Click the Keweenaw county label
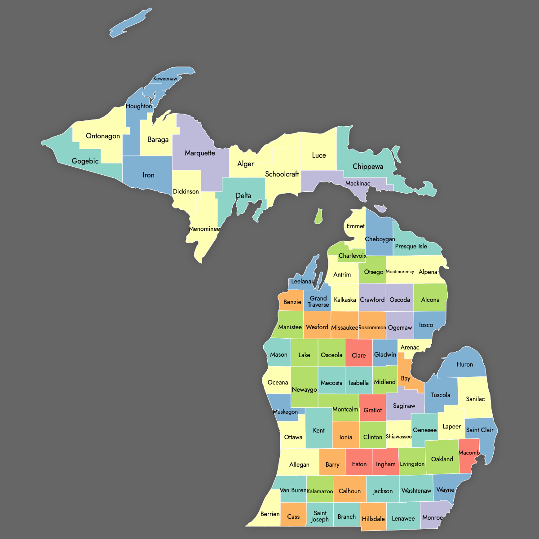[165, 79]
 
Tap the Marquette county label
[200, 153]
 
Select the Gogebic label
[85, 161]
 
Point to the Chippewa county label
[368, 167]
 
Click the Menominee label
[204, 229]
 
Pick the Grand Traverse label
[318, 301]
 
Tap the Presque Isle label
[411, 247]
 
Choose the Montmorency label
[400, 272]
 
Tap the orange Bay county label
[406, 379]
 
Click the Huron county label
[464, 365]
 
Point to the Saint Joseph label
[320, 517]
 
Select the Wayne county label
[445, 490]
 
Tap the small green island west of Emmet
[318, 216]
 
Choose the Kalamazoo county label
[320, 491]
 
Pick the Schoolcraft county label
[282, 174]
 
